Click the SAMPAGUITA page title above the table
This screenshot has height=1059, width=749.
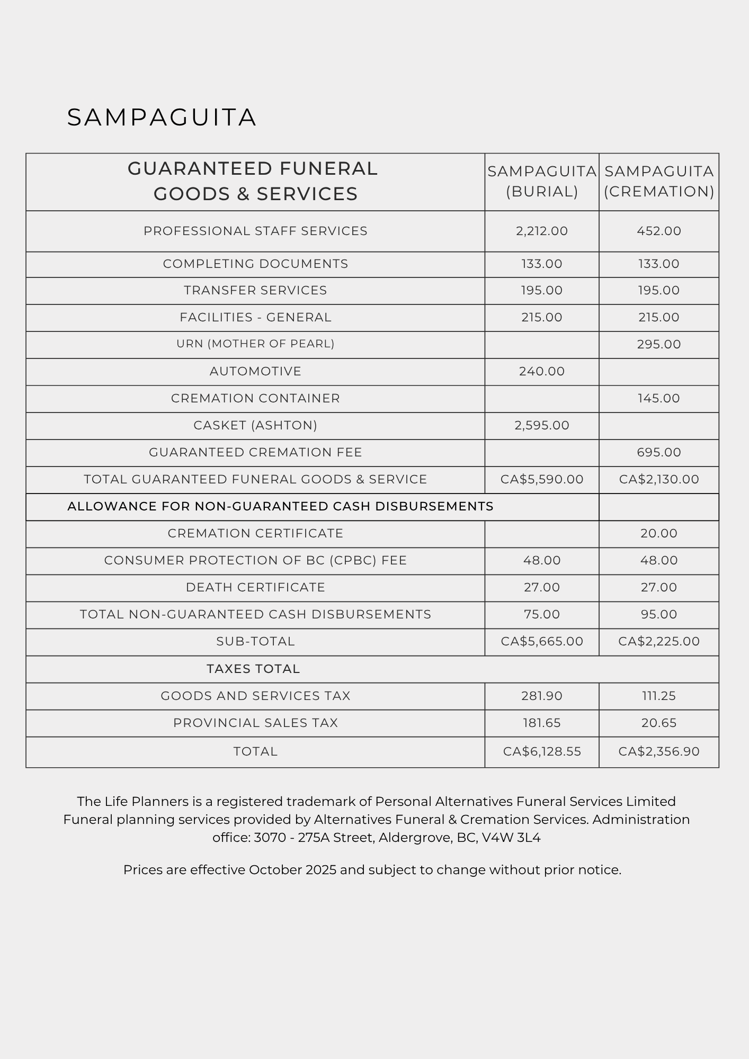point(162,118)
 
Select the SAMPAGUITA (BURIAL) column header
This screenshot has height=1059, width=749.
point(542,181)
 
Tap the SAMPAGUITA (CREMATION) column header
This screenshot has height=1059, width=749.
point(659,181)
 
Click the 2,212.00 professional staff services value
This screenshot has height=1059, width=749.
point(542,231)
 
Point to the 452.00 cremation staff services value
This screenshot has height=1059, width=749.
point(659,231)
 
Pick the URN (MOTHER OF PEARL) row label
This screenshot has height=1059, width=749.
point(255,344)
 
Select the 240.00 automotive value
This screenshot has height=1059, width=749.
point(542,371)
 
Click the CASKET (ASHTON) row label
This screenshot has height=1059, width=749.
point(255,425)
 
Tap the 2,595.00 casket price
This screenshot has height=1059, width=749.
point(542,425)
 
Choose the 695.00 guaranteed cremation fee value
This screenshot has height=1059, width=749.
point(659,452)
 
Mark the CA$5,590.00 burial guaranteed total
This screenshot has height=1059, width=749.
point(542,479)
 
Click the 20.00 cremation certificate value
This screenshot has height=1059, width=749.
point(659,533)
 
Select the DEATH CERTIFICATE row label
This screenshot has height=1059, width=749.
point(255,587)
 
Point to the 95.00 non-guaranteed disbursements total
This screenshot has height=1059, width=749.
point(659,614)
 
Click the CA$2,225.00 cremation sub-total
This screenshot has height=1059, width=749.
point(659,641)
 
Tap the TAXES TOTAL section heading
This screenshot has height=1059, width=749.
point(253,669)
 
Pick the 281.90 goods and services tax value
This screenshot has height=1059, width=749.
point(542,696)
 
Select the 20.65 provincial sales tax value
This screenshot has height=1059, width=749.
point(659,723)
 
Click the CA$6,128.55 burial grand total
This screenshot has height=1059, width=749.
point(542,751)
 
